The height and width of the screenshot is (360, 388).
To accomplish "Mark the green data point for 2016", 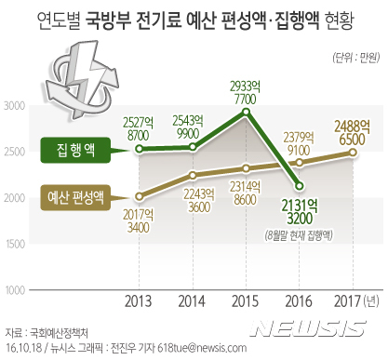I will pos(299,185).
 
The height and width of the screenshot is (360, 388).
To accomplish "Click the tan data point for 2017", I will pos(353,153).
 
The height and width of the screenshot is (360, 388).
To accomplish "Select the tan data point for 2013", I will pos(139,196).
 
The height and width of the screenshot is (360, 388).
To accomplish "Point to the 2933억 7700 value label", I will pos(246,91).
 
